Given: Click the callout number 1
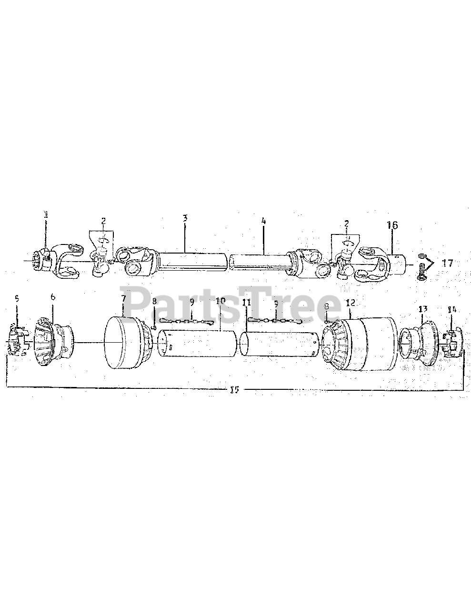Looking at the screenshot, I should point(46,215).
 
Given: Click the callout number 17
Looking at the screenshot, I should point(448,263).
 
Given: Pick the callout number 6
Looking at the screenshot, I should point(52,296).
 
